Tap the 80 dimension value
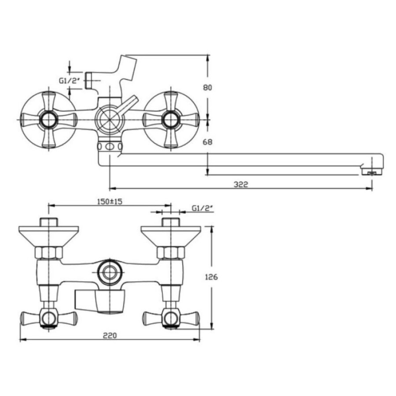(x=208, y=88)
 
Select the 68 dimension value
(x=208, y=142)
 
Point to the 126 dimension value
(x=211, y=277)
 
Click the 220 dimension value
(x=110, y=335)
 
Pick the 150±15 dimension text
(x=110, y=202)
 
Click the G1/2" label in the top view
(x=70, y=81)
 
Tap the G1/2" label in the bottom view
(x=203, y=209)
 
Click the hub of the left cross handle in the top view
(x=48, y=119)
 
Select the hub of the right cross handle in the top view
(x=171, y=119)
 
